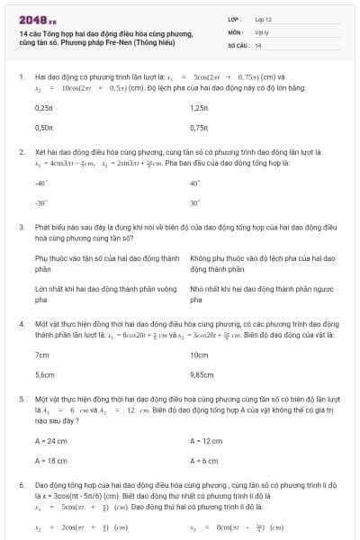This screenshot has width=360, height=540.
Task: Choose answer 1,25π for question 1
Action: (x=199, y=108)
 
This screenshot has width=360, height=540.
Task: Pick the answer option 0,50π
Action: (x=43, y=129)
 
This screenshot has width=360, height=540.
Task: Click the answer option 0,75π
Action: (x=199, y=129)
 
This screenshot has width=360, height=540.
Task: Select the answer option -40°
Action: (x=40, y=183)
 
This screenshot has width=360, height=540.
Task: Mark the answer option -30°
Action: (x=40, y=202)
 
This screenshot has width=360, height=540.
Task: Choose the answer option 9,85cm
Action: (x=202, y=373)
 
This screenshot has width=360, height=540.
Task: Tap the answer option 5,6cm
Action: (x=44, y=373)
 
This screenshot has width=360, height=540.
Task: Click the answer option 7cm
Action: (x=41, y=353)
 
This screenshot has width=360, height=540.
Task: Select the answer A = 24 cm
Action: (x=50, y=441)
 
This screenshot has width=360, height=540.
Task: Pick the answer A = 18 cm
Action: (x=50, y=461)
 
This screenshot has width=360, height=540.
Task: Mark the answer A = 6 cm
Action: (x=204, y=461)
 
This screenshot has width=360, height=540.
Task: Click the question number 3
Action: (x=22, y=229)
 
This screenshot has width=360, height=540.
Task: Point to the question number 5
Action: (x=22, y=397)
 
